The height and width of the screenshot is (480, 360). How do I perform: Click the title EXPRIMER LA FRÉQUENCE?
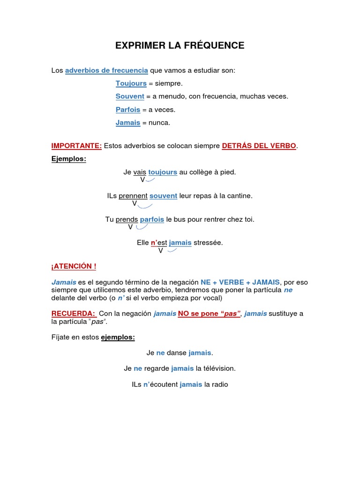(180, 45)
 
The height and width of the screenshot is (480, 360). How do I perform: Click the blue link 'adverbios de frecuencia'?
(106, 70)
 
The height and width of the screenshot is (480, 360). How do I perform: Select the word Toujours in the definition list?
(131, 83)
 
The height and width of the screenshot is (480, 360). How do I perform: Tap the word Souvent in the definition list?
(130, 97)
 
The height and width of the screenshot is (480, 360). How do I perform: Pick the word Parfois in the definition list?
(128, 110)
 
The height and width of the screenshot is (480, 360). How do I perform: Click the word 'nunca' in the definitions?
(159, 123)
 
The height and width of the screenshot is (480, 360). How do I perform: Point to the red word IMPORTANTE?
(76, 146)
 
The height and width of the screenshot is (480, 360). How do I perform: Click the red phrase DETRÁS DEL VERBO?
(259, 146)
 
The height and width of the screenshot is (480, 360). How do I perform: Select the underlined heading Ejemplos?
(69, 159)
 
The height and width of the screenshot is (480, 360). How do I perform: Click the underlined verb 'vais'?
(140, 172)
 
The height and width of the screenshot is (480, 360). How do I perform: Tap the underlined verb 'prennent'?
(133, 196)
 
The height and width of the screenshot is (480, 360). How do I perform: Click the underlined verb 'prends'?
(127, 219)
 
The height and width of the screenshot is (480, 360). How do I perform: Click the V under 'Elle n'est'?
(160, 251)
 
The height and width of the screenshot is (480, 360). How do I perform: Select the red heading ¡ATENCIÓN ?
(74, 266)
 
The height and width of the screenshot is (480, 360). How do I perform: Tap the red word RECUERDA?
(74, 314)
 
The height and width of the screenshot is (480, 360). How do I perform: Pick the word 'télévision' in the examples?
(219, 368)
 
